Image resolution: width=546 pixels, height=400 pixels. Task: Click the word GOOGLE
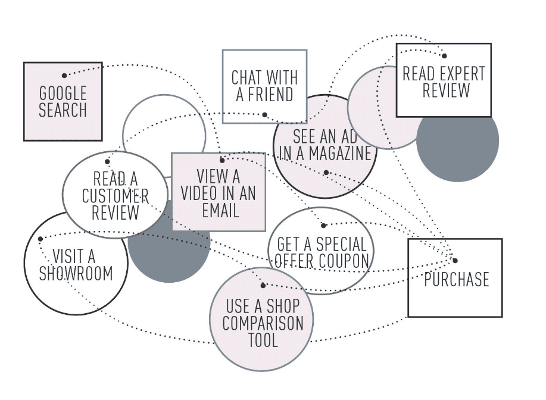(x=63, y=93)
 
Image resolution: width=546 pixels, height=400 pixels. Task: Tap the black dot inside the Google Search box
(x=64, y=76)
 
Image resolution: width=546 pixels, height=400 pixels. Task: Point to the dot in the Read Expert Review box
(x=444, y=55)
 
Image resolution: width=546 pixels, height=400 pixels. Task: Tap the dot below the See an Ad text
(x=326, y=173)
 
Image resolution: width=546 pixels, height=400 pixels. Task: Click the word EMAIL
(x=218, y=210)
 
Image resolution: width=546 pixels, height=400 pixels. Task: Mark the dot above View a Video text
(x=222, y=160)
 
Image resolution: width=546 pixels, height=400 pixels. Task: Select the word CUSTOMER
(x=115, y=195)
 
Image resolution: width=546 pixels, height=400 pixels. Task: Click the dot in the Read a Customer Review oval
(x=108, y=161)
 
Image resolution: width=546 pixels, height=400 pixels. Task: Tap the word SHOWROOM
(x=76, y=273)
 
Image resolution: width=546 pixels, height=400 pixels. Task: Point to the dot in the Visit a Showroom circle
(x=40, y=239)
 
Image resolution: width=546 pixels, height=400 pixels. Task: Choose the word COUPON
(x=347, y=261)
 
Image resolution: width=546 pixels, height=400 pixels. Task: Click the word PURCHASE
(x=456, y=279)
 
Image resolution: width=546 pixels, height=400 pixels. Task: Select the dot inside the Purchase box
(x=455, y=261)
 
